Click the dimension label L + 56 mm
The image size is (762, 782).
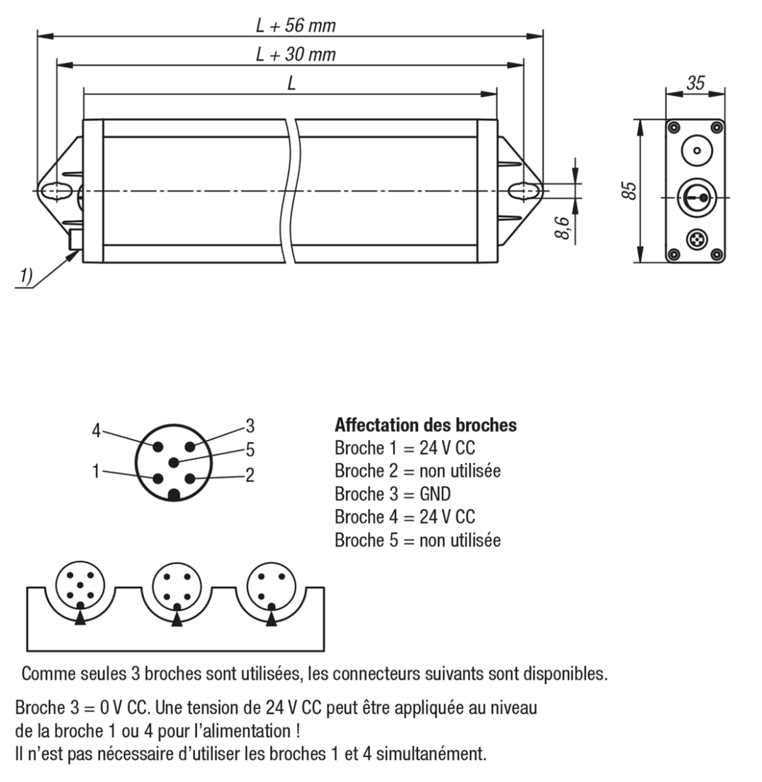click(295, 25)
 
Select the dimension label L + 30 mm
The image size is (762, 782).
click(295, 55)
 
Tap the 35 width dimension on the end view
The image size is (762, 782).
click(696, 83)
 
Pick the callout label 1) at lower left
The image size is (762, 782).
click(25, 276)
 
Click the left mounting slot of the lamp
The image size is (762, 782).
click(55, 191)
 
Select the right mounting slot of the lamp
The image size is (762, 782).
click(524, 191)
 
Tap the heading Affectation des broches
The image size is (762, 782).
click(425, 426)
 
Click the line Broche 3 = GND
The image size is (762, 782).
click(392, 493)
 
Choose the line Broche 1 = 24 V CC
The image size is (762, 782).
click(405, 448)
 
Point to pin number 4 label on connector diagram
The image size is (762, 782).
click(96, 431)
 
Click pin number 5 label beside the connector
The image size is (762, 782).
click(250, 450)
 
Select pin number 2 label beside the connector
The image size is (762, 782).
click(250, 474)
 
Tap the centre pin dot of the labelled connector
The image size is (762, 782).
click(173, 463)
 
